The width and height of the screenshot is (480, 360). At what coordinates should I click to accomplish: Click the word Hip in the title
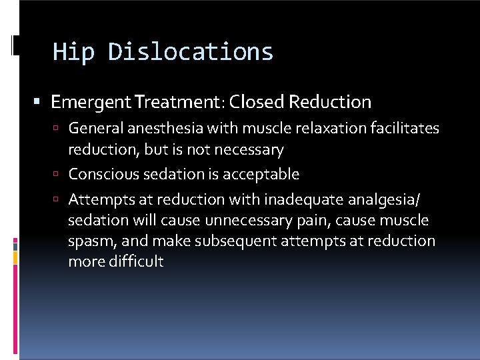pos(74,52)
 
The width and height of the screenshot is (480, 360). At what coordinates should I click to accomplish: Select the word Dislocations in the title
pos(191,52)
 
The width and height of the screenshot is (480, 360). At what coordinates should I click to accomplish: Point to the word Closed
pos(257,102)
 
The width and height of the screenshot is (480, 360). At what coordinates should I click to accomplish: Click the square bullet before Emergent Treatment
pos(38,103)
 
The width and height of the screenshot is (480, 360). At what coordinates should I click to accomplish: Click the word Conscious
pos(99,175)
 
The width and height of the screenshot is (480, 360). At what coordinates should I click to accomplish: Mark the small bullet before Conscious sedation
pos(59,175)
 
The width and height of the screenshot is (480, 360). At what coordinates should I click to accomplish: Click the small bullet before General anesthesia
pos(59,128)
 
